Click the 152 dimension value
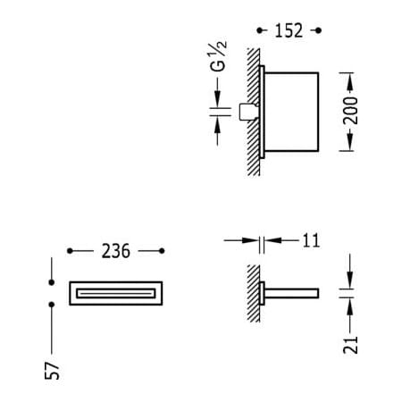(x=289, y=30)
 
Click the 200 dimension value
(x=350, y=110)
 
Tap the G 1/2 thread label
(x=218, y=56)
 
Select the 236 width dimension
(x=116, y=251)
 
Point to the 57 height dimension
(x=52, y=371)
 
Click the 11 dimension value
(x=311, y=240)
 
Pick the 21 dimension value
(x=350, y=345)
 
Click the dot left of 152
(x=260, y=30)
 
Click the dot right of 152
(x=318, y=30)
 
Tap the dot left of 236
(x=70, y=251)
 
